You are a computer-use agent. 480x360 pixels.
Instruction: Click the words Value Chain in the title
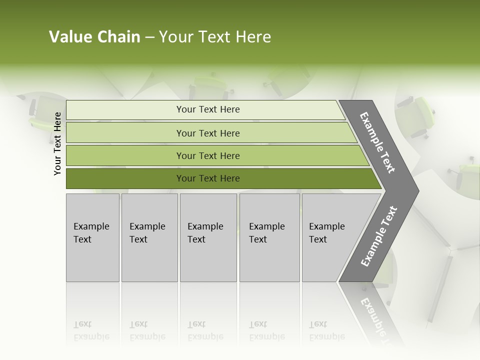pyautogui.click(x=94, y=37)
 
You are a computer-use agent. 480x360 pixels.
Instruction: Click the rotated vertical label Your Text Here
pyautogui.click(x=57, y=143)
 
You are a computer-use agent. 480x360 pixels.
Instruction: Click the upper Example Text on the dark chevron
pyautogui.click(x=377, y=142)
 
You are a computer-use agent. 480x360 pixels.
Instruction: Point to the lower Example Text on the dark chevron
pyautogui.click(x=378, y=236)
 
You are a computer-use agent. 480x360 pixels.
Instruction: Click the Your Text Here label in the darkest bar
pyautogui.click(x=208, y=178)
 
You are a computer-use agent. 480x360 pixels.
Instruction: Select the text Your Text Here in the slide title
pyautogui.click(x=215, y=37)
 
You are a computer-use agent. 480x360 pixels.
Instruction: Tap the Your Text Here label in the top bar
pyautogui.click(x=208, y=109)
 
